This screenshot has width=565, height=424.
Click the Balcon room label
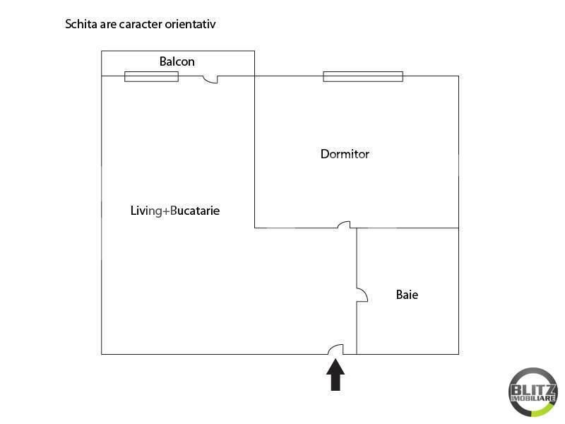click(x=177, y=61)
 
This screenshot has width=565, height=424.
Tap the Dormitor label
click(x=345, y=154)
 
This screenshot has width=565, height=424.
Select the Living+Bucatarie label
click(x=175, y=211)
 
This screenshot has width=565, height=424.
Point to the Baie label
click(x=408, y=295)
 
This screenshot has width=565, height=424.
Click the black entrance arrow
click(x=335, y=375)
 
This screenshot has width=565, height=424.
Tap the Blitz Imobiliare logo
click(x=533, y=392)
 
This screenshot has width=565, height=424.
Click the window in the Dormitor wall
click(x=363, y=76)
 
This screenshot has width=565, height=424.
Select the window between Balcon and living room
click(x=151, y=76)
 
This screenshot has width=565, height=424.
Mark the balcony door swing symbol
click(x=210, y=80)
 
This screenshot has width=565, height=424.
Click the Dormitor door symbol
click(x=344, y=225)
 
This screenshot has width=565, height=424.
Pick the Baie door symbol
click(x=362, y=295)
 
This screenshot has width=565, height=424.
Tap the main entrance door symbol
click(x=336, y=349)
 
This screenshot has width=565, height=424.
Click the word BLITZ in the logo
click(x=533, y=389)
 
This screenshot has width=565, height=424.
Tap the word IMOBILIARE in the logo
click(x=533, y=399)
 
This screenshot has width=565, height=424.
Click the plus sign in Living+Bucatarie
click(x=166, y=211)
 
